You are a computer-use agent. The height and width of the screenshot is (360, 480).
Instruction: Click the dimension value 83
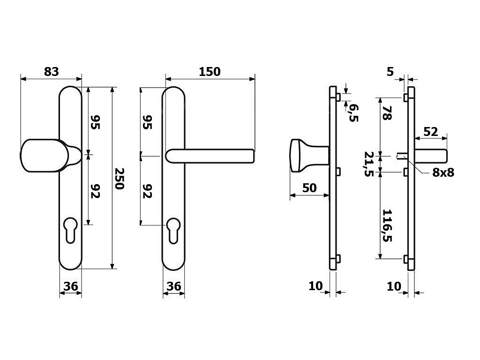[x=52, y=72]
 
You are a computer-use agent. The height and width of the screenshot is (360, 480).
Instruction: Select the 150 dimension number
[x=210, y=72]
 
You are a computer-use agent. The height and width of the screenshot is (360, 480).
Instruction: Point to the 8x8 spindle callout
[x=443, y=172]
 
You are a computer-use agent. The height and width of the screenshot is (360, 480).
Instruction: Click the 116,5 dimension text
[x=387, y=225]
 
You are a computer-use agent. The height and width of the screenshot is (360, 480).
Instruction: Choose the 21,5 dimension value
[x=370, y=164]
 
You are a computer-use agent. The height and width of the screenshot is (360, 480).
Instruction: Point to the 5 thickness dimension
[x=390, y=72]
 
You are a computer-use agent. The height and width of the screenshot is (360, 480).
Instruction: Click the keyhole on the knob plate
[x=71, y=228]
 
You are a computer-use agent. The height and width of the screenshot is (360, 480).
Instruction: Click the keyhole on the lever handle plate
[x=173, y=228]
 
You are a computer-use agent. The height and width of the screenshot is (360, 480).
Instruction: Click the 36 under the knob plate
[x=70, y=285]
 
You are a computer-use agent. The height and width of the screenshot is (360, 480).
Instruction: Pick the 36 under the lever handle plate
[x=173, y=285]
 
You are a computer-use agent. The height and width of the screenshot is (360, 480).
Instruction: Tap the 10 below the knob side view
[x=315, y=285]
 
